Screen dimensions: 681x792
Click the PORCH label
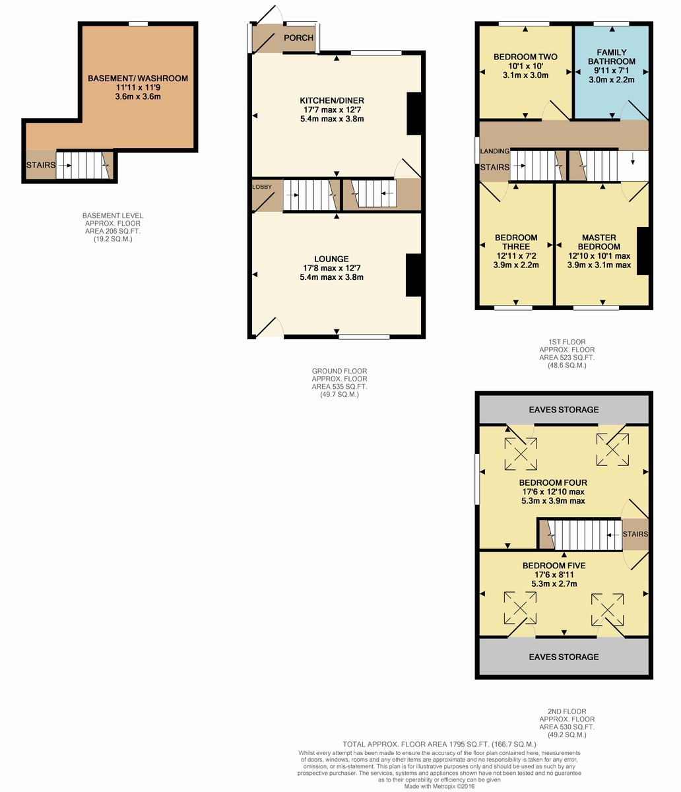(x=298, y=38)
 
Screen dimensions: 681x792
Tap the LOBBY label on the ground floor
(x=262, y=187)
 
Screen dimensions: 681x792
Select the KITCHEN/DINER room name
(x=332, y=101)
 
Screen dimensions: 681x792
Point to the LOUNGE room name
(x=331, y=259)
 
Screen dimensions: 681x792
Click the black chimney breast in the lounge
(x=414, y=275)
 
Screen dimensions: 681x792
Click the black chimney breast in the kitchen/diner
(x=414, y=114)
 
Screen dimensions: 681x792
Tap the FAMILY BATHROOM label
(x=612, y=57)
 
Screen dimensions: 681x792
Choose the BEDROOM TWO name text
(x=525, y=57)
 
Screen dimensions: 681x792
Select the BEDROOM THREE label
(x=516, y=242)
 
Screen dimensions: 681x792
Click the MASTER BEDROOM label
(x=599, y=242)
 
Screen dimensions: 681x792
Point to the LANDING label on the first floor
(x=495, y=151)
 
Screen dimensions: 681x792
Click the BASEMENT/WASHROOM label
(x=138, y=79)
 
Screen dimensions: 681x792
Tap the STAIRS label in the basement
(x=41, y=165)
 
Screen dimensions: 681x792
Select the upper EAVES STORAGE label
(x=564, y=410)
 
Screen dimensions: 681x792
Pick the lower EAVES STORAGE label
(x=564, y=657)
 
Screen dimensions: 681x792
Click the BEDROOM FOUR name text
(x=553, y=482)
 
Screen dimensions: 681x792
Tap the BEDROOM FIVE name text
(x=554, y=566)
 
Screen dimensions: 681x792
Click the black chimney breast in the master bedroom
(x=643, y=251)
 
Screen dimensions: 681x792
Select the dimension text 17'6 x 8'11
(x=554, y=575)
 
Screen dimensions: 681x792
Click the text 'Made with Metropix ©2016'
(x=439, y=787)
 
